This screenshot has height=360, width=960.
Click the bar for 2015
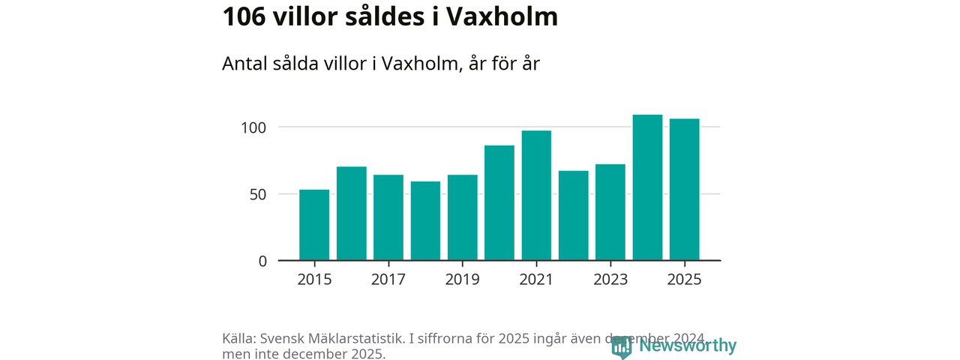tap(314, 225)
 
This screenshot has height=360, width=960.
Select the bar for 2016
tap(351, 214)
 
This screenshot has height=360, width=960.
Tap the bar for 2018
tap(425, 221)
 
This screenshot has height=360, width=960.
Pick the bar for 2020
tap(499, 203)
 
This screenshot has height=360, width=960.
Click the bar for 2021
tap(536, 196)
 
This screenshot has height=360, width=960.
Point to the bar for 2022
tap(574, 216)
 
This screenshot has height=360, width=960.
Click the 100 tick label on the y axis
tap(253, 127)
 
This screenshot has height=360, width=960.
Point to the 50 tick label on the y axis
tap(257, 194)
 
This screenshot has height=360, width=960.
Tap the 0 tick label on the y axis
tap(262, 261)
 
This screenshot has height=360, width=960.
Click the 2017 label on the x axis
tap(388, 280)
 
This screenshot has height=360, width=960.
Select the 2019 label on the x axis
tap(462, 280)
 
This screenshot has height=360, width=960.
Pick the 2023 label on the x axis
tap(610, 280)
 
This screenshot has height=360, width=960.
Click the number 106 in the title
tap(244, 17)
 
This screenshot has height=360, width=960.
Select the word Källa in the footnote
tap(238, 338)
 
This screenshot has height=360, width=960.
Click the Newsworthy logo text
tap(687, 346)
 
